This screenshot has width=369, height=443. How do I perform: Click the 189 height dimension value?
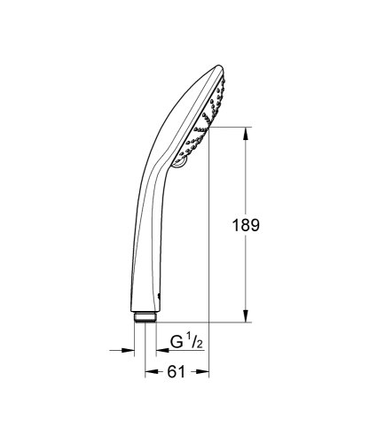click(x=249, y=225)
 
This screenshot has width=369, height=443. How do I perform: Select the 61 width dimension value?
click(x=176, y=373)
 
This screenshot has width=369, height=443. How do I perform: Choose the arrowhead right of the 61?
click(x=201, y=373)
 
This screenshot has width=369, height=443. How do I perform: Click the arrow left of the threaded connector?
click(x=129, y=350)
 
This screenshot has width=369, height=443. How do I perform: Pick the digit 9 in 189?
click(x=257, y=225)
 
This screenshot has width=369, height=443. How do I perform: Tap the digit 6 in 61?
click(x=171, y=373)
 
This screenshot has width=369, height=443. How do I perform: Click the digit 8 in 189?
click(x=249, y=225)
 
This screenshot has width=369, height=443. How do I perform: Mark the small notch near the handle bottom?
click(x=158, y=296)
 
